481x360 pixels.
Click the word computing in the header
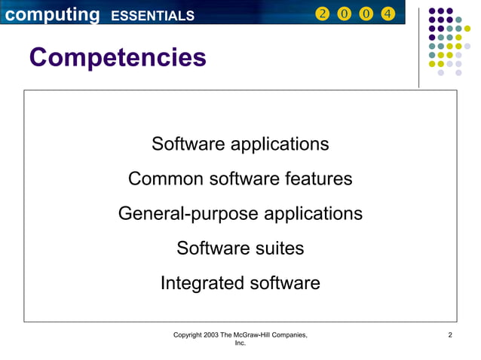click(50, 14)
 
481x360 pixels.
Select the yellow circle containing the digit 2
click(323, 14)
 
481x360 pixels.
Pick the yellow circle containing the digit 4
click(388, 14)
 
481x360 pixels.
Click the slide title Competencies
click(117, 57)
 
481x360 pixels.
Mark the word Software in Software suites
click(209, 248)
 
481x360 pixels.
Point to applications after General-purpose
click(313, 214)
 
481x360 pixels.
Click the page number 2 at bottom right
click(450, 334)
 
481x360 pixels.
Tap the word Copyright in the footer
click(187, 334)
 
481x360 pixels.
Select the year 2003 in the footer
click(211, 334)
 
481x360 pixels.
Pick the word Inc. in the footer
click(240, 343)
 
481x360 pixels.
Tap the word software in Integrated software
click(285, 283)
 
